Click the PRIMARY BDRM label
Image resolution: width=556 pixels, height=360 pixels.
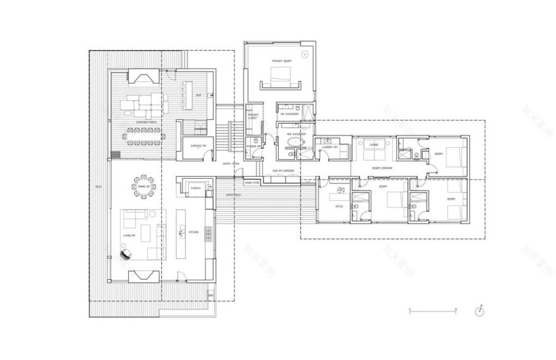[x=280, y=61]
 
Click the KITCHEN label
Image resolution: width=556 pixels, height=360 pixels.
[x=193, y=232]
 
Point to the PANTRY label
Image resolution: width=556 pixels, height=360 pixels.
[x=195, y=188]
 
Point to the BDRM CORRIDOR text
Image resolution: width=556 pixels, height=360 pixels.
[x=381, y=168]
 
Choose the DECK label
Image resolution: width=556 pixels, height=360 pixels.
[x=98, y=187]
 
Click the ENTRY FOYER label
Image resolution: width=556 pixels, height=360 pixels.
[x=231, y=164]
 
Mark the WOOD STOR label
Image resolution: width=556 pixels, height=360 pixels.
[x=252, y=183]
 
